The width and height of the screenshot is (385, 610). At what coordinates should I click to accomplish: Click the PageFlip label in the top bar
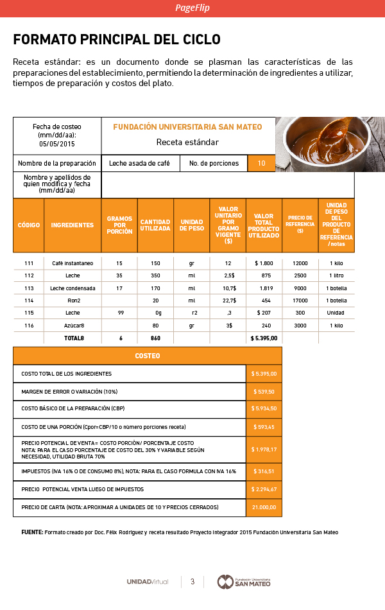(193, 8)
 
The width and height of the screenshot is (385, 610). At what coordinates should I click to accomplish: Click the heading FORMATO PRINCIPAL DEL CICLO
(117, 40)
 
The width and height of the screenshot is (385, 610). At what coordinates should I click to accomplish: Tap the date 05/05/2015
(57, 144)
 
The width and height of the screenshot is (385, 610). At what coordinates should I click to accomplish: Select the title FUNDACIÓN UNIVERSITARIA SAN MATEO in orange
(187, 127)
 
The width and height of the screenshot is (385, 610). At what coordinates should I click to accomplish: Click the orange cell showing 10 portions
(262, 163)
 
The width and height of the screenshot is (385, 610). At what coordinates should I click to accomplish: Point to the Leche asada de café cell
(139, 163)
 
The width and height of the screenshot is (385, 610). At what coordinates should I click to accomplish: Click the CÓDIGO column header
(29, 225)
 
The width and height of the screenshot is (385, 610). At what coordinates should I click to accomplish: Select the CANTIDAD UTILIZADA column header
(155, 225)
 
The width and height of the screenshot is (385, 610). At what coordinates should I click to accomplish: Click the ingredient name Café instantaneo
(73, 263)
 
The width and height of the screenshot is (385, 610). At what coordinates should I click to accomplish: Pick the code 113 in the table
(29, 288)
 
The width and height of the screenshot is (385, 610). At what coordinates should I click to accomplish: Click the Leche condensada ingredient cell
(73, 288)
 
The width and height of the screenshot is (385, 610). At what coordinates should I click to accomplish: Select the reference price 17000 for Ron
(300, 301)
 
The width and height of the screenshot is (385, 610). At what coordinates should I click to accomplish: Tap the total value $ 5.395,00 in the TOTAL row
(264, 338)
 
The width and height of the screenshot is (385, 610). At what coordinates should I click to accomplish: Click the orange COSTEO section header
(148, 356)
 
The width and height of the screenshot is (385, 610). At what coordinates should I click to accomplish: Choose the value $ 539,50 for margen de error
(264, 392)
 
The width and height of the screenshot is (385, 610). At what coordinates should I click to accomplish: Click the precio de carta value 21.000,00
(264, 507)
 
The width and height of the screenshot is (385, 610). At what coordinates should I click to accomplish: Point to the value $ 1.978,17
(264, 449)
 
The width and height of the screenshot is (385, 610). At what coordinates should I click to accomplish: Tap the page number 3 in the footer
(192, 582)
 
